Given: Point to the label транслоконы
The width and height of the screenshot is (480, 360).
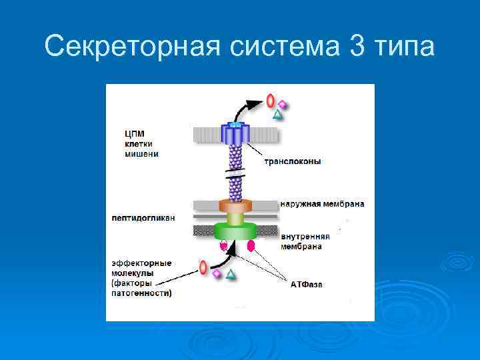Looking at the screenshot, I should [x=293, y=161].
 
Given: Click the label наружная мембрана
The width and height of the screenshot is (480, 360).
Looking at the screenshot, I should [x=322, y=203].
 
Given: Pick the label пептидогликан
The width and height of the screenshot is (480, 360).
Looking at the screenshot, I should [x=143, y=217].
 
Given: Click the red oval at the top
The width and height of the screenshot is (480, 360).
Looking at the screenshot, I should [x=271, y=101].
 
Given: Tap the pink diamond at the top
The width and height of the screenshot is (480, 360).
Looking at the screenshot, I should [x=283, y=105].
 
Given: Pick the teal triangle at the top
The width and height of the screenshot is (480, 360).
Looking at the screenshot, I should [x=278, y=115].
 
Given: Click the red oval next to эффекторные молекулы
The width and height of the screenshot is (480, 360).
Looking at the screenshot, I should [x=203, y=268].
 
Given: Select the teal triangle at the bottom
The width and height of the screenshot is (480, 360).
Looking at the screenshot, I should [x=230, y=273].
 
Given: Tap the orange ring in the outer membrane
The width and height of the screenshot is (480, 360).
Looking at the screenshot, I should [x=234, y=205].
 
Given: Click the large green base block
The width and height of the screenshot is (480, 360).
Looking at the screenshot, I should [x=235, y=231].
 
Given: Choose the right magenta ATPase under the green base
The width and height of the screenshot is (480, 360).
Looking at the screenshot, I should [x=251, y=246].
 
